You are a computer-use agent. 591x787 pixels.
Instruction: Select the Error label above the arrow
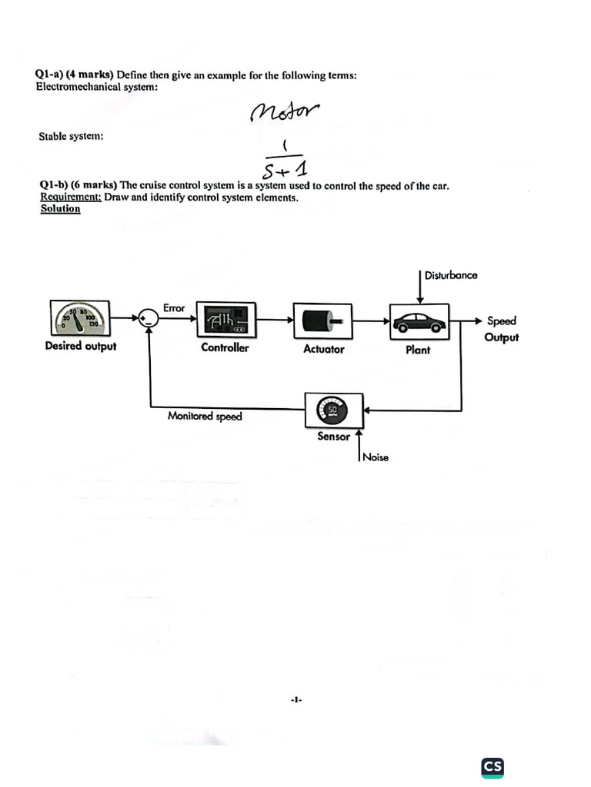pos(174,307)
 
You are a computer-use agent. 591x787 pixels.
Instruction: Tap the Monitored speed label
pos(205,417)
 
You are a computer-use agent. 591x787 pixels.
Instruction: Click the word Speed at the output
pos(501,321)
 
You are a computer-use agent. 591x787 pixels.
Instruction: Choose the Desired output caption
pos(81,346)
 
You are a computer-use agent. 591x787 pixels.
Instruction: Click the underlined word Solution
pos(60,208)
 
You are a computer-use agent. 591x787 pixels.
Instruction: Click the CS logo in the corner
pos(492,766)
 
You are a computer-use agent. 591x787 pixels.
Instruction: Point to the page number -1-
pos(296,700)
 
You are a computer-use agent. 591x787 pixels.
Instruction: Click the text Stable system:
pos(71,137)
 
